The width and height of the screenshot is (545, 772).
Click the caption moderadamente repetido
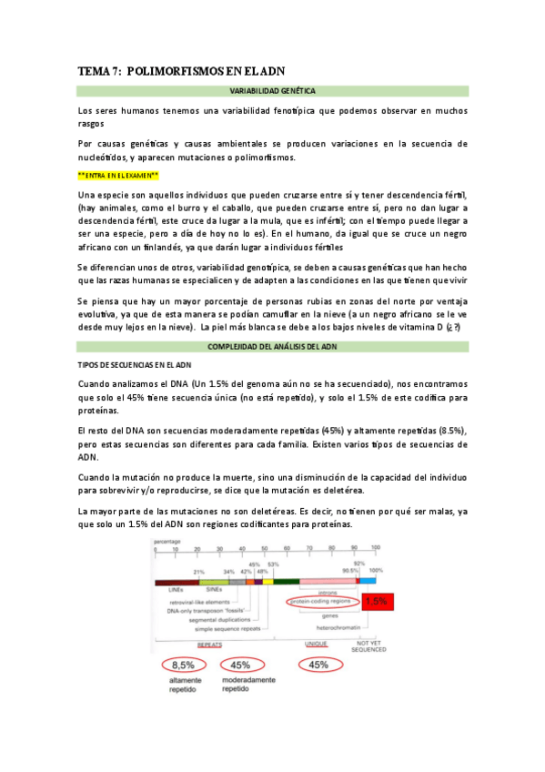click(x=241, y=686)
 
